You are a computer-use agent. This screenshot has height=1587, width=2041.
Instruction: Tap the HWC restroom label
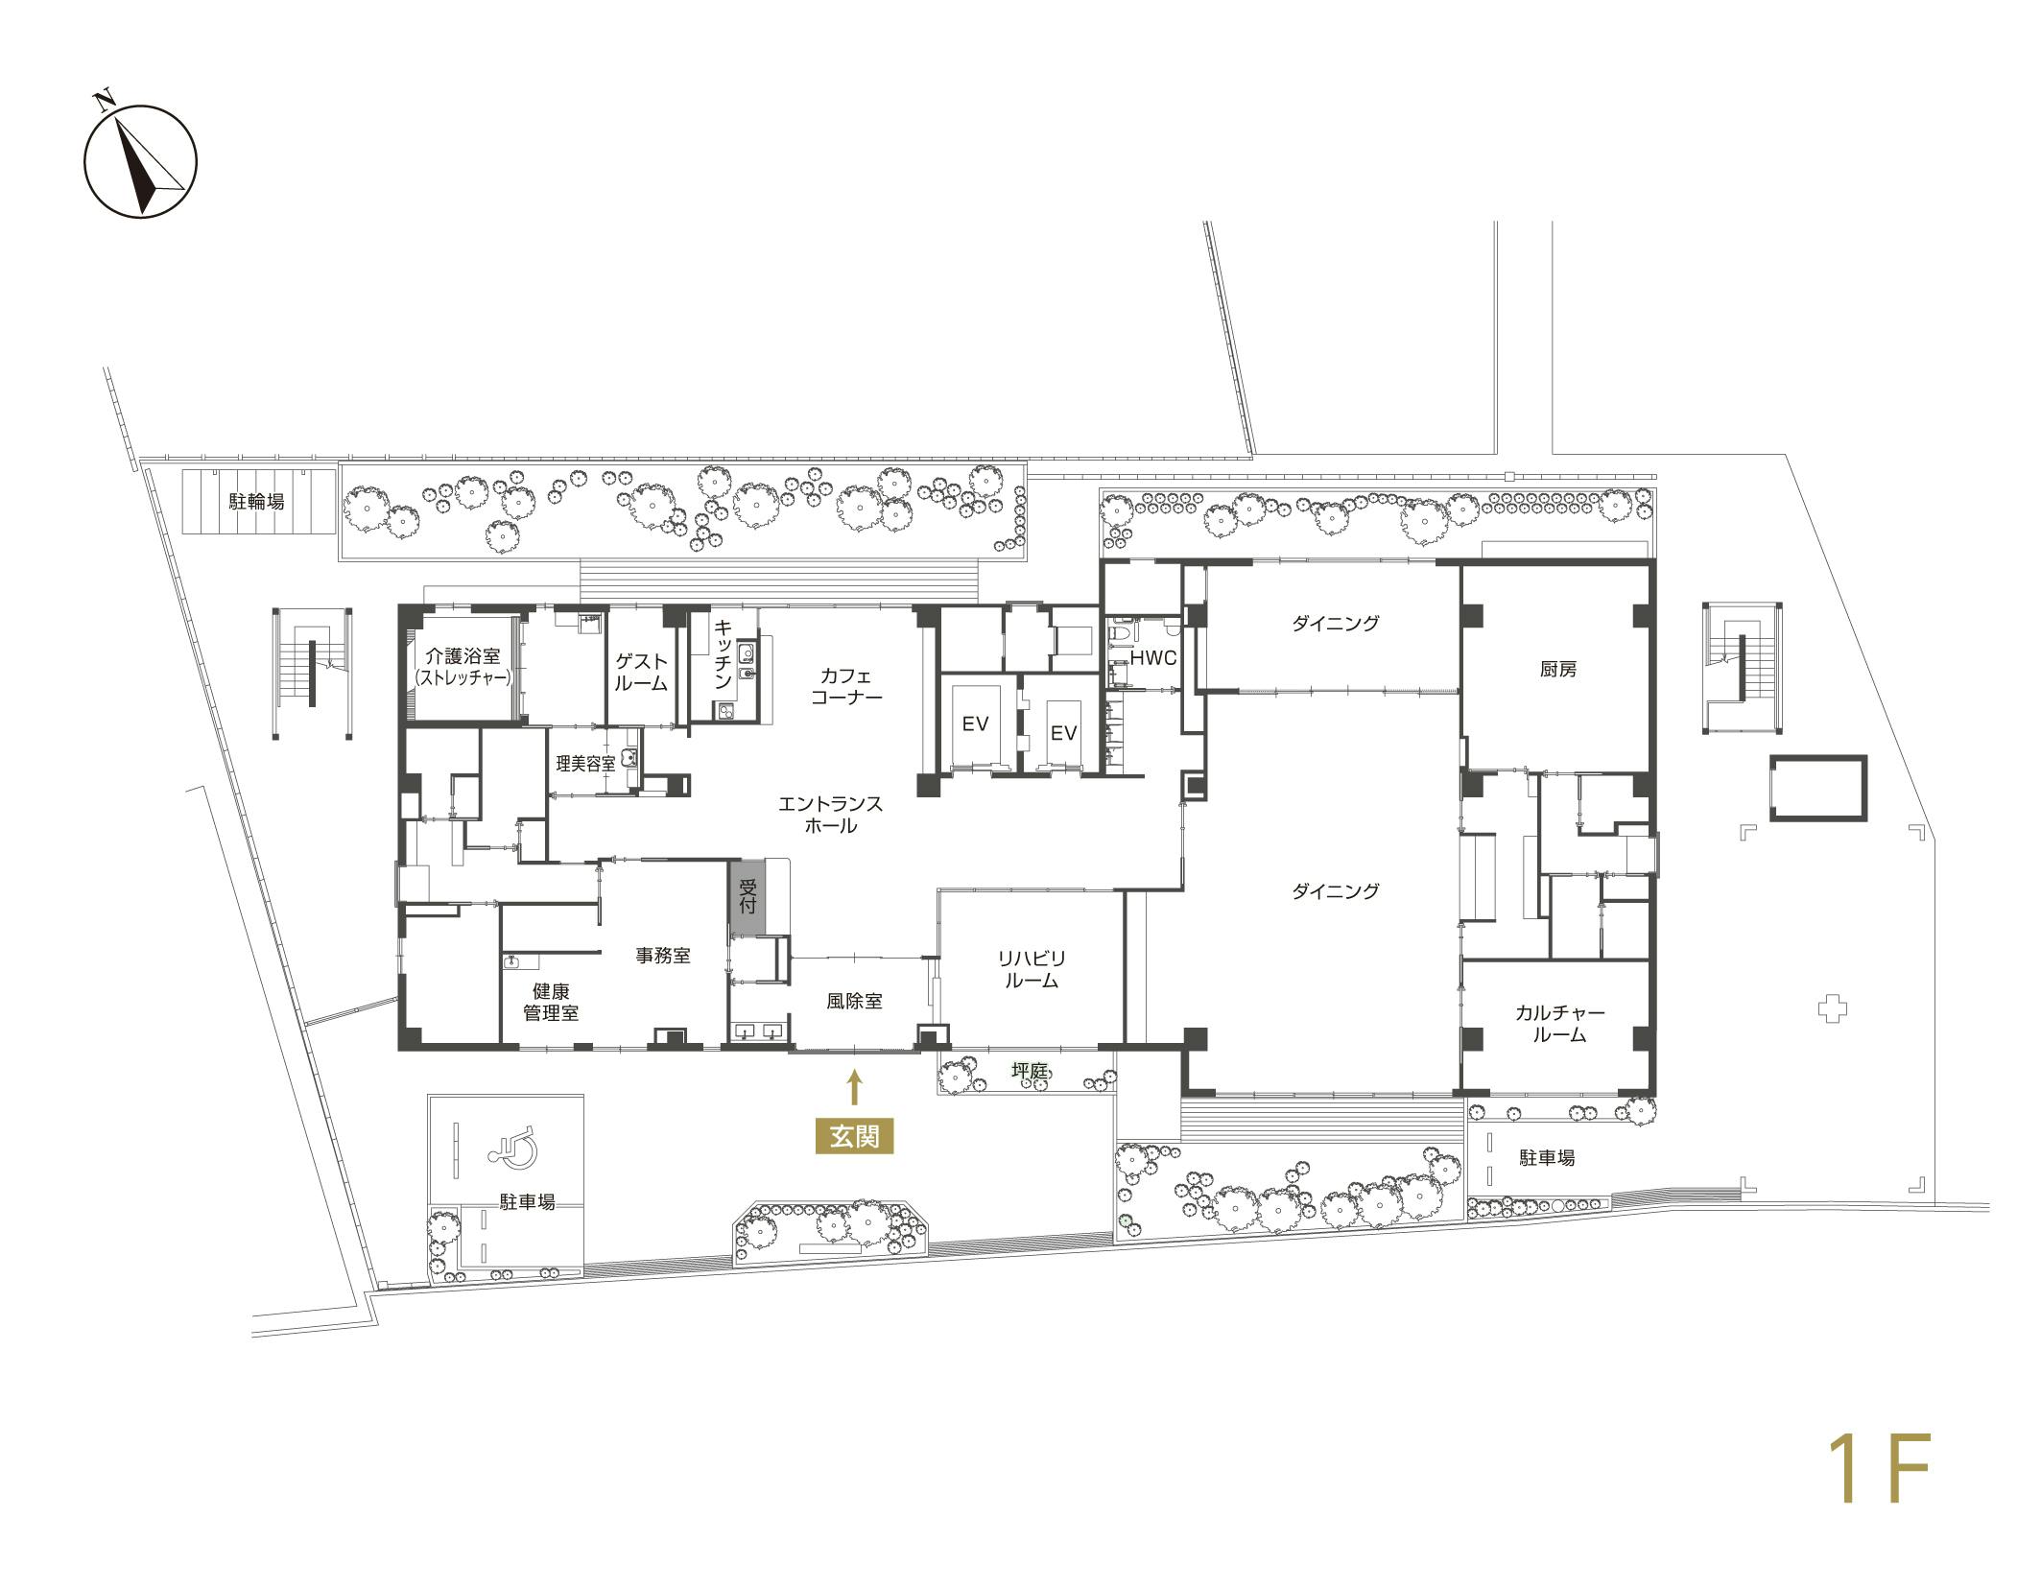point(1152,659)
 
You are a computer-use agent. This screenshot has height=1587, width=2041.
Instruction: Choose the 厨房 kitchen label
point(1557,670)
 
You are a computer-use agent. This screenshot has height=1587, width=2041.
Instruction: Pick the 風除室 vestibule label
point(854,1002)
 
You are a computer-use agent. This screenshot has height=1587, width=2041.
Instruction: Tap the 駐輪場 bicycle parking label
point(256,501)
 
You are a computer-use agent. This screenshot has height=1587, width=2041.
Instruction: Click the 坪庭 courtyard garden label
point(1029,1069)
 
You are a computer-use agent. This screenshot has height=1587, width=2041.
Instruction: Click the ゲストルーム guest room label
point(640,672)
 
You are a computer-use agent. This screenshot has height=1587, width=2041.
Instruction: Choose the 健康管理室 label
point(550,1002)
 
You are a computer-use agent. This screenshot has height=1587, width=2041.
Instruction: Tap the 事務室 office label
point(663,956)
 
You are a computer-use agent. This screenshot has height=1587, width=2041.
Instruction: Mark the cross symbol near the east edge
point(1832,1009)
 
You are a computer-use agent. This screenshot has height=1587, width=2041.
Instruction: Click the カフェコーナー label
point(845,685)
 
